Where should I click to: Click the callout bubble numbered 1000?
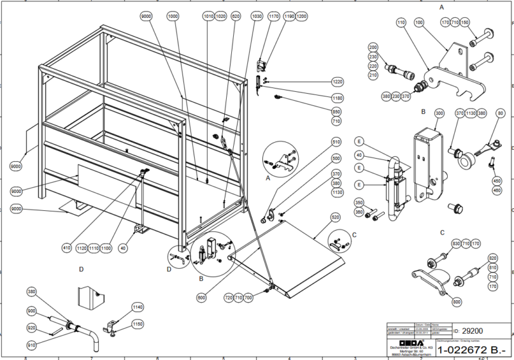173,15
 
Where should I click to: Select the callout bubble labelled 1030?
257,15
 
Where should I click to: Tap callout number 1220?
337,82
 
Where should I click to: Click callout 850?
337,111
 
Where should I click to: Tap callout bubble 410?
66,247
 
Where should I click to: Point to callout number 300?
439,113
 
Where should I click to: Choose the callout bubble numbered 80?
501,113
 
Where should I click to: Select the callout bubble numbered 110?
402,23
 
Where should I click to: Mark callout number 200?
373,48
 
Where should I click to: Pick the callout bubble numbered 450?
497,181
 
